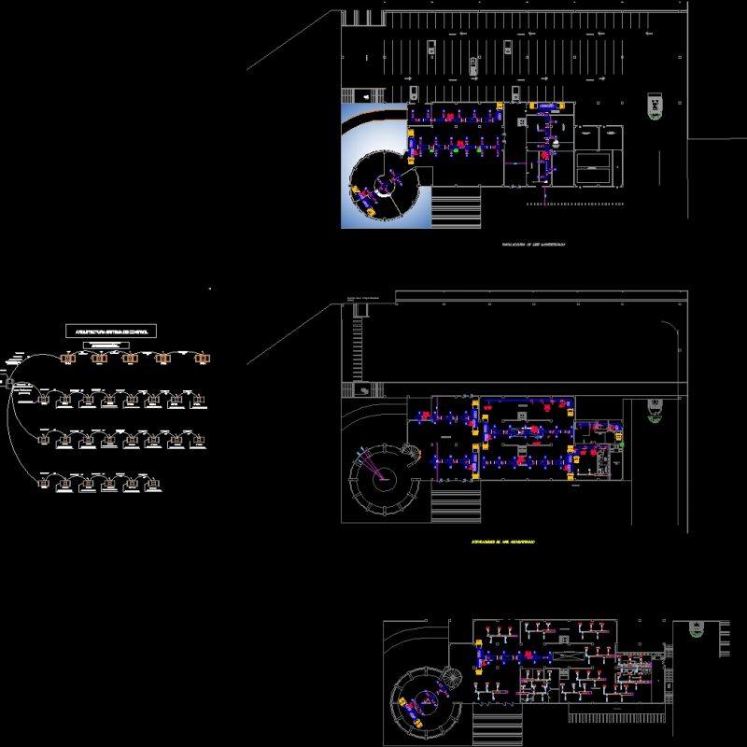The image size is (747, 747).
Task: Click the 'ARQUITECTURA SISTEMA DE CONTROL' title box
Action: [x=111, y=331]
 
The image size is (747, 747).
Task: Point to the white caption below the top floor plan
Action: [x=534, y=244]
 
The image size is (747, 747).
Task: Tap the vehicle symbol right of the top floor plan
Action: [x=657, y=106]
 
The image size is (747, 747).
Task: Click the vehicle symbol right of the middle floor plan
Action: [x=656, y=410]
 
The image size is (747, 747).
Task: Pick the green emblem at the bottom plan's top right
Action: [x=696, y=629]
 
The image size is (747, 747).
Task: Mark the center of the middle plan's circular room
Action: [x=382, y=477]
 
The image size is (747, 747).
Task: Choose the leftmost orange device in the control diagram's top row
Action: [x=67, y=357]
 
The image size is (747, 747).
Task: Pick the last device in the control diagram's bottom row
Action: [x=155, y=483]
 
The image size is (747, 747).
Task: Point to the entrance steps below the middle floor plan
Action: [x=455, y=504]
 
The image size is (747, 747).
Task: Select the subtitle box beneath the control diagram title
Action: [x=110, y=345]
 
